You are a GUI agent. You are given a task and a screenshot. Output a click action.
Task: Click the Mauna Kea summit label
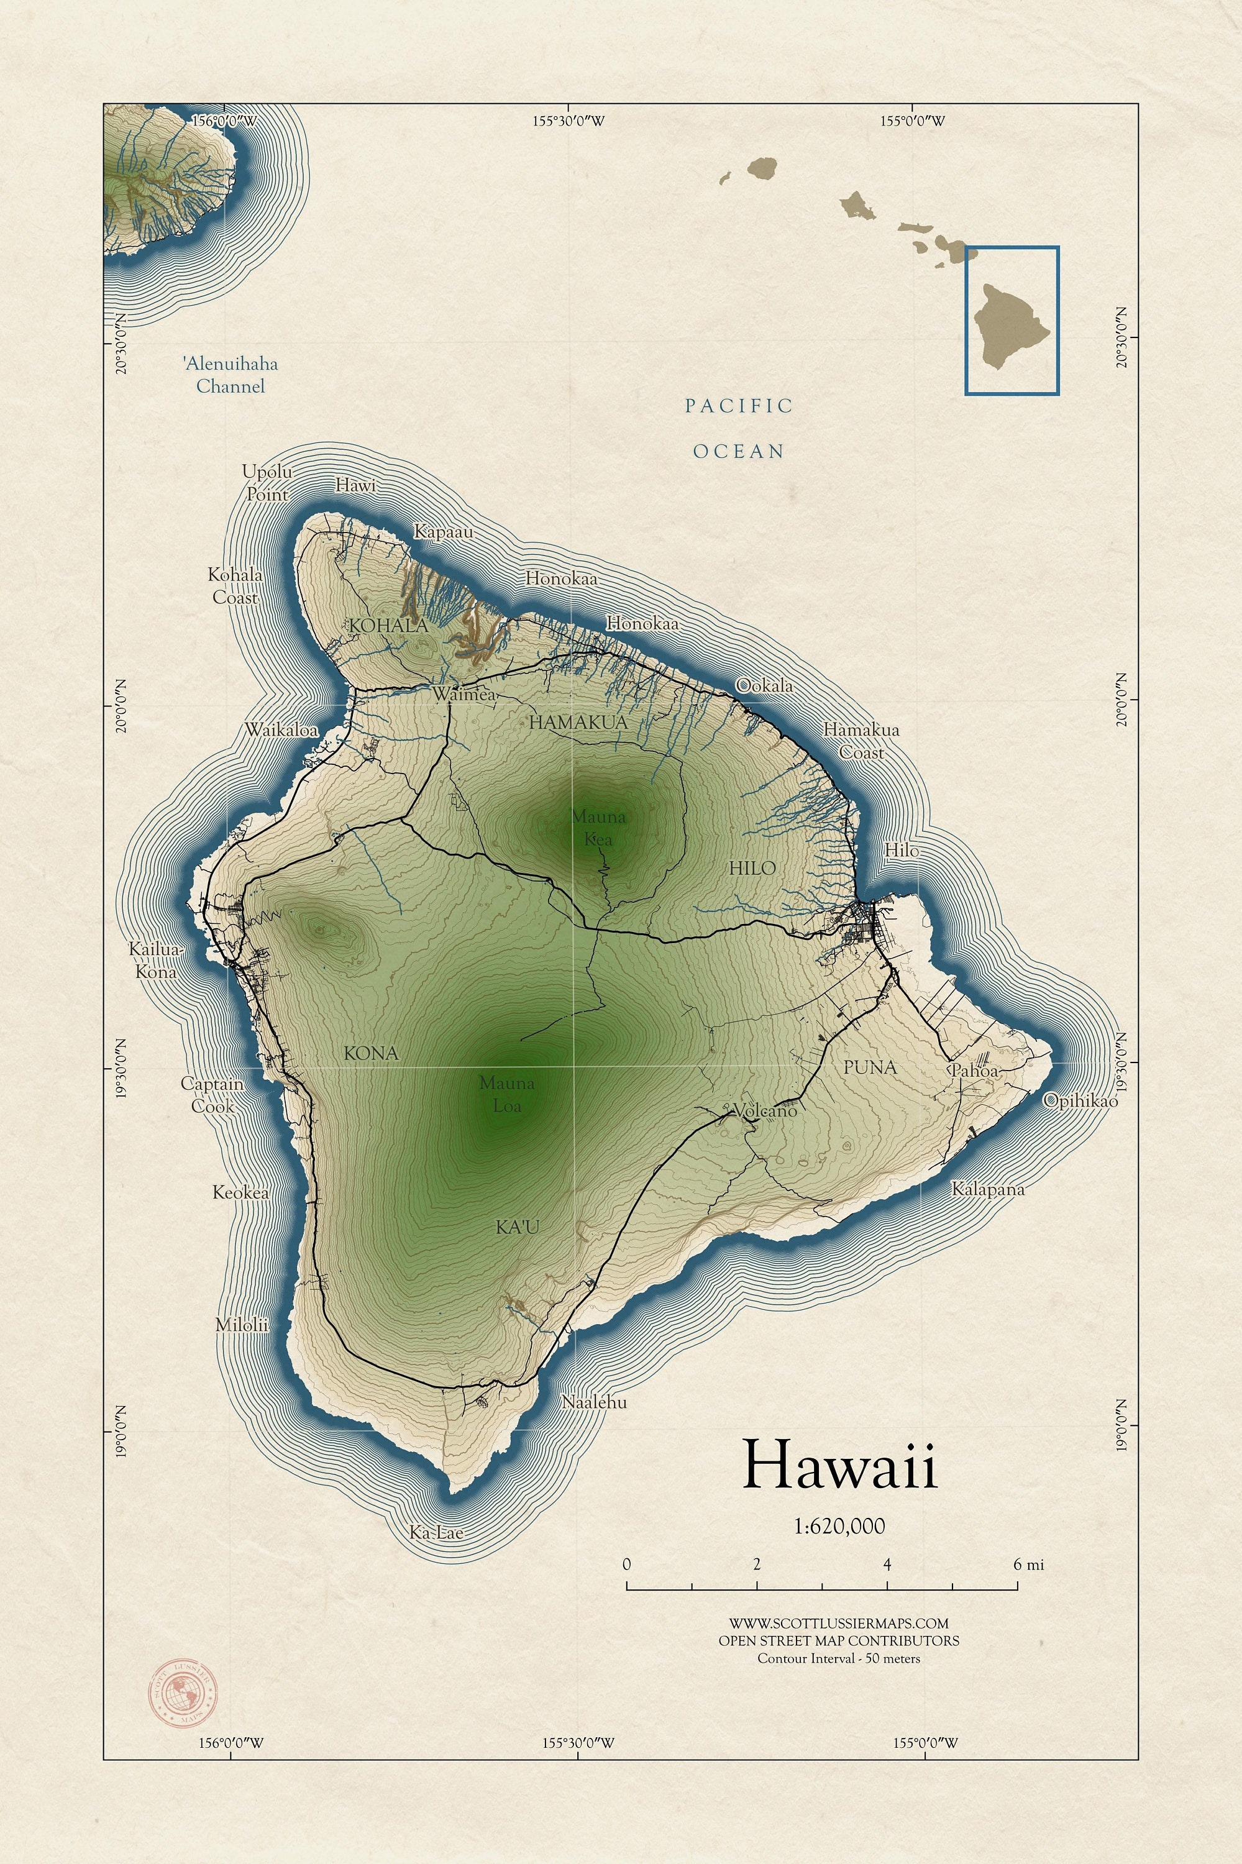[598, 827]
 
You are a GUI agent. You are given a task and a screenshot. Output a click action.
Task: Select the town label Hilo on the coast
[902, 850]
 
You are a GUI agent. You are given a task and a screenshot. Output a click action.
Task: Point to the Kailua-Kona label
[155, 959]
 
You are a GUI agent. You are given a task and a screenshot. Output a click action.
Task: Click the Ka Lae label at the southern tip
[436, 1532]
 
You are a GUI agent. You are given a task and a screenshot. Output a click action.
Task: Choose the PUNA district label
[870, 1067]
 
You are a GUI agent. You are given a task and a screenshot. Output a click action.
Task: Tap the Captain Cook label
[212, 1094]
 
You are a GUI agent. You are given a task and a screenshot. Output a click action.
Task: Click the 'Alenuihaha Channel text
[231, 375]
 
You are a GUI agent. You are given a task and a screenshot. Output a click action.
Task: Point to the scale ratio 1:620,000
[839, 1526]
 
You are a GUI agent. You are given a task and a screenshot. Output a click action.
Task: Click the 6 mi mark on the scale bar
[1028, 1565]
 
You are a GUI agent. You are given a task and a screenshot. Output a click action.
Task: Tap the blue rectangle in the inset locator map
[1011, 320]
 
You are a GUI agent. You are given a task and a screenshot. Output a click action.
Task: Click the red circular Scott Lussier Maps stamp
[184, 1694]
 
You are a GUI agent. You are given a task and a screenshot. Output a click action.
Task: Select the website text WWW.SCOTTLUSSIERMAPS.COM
[838, 1623]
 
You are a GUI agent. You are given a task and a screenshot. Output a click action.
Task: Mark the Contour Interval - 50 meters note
[838, 1658]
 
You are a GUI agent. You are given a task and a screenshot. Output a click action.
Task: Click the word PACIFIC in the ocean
[738, 406]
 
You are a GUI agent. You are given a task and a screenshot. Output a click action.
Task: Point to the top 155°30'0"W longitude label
[568, 121]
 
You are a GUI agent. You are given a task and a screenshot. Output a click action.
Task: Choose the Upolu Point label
[267, 482]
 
